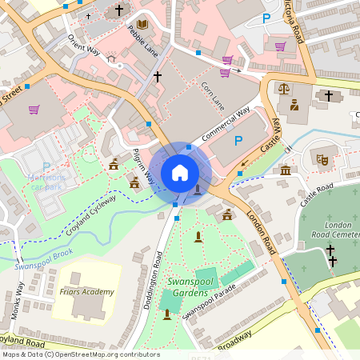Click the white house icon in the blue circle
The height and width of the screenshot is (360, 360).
[x=180, y=172]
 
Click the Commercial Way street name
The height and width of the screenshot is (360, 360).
[x=226, y=124]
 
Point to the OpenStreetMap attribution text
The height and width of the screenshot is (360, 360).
[x=80, y=354]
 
